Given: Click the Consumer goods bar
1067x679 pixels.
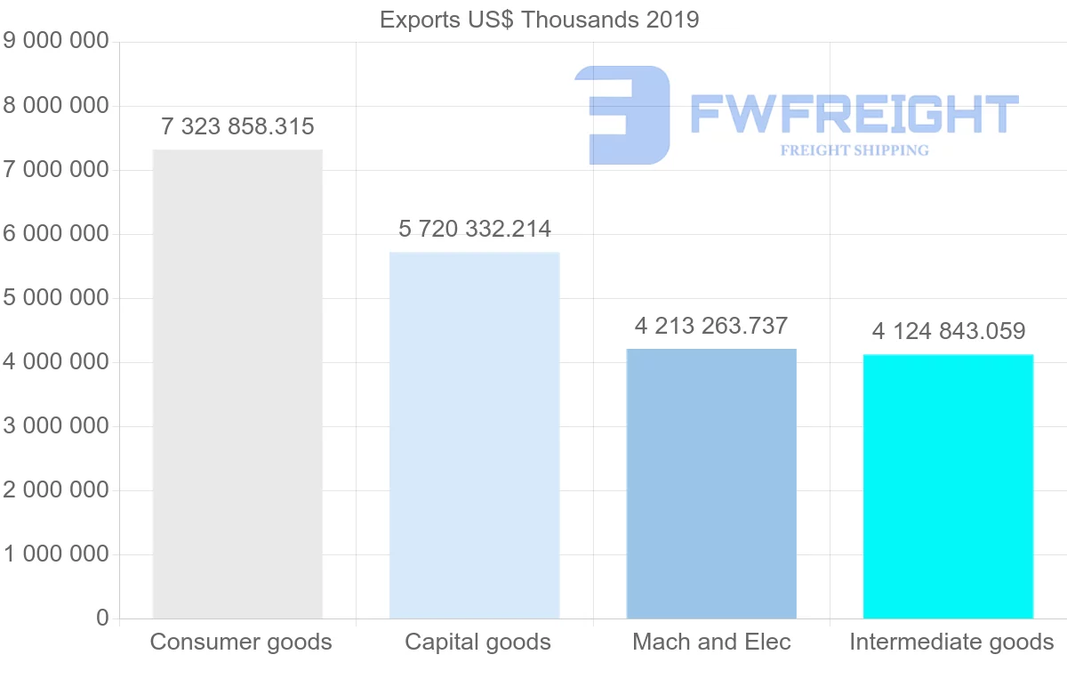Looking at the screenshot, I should [x=237, y=384].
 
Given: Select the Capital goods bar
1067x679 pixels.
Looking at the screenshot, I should [x=475, y=435].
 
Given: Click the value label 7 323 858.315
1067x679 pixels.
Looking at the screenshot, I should [x=237, y=126].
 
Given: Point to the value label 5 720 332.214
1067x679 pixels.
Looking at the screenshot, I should [x=475, y=230].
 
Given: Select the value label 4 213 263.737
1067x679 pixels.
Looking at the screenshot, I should [x=711, y=326].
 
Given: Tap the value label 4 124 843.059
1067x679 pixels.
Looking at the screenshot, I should [x=949, y=331].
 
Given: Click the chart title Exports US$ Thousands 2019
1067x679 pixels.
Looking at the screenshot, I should [x=540, y=20].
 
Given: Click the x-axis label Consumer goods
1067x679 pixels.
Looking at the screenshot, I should [x=241, y=642].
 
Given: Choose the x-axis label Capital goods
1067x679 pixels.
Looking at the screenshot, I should [x=477, y=642].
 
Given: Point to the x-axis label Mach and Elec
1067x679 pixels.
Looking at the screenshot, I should [x=711, y=642].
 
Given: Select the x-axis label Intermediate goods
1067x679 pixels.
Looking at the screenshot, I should [x=951, y=642].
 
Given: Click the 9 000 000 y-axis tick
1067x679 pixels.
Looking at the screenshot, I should [x=56, y=41].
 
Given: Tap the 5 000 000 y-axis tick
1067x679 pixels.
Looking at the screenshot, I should [x=56, y=297].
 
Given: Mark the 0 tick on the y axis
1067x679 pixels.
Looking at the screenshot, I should [x=102, y=618].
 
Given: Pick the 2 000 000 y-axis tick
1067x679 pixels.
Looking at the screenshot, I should [x=56, y=490].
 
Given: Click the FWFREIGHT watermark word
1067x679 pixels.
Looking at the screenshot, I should [x=854, y=115].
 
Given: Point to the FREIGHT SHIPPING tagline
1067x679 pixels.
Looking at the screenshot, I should [x=854, y=150].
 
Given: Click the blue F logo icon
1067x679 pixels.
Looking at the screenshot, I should [x=622, y=115].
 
